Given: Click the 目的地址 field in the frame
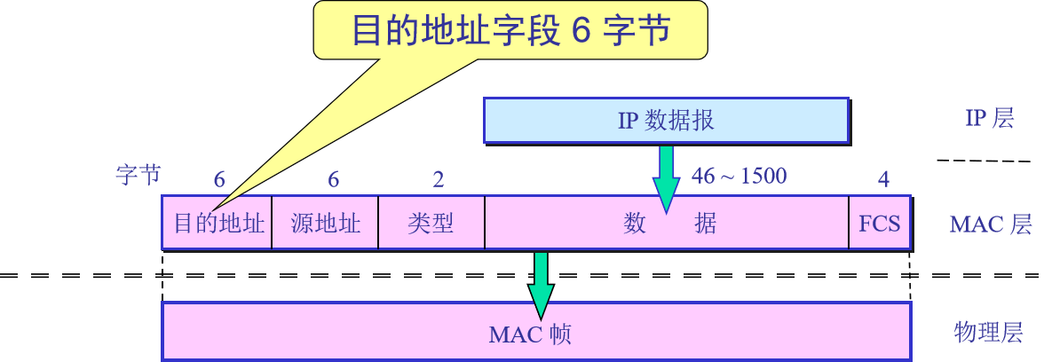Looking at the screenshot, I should pyautogui.click(x=218, y=223).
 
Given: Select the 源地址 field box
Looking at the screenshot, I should pyautogui.click(x=326, y=223).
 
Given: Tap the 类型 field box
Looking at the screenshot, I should pyautogui.click(x=431, y=223).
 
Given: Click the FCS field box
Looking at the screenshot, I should pyautogui.click(x=880, y=223).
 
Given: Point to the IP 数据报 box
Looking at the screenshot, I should pyautogui.click(x=666, y=120).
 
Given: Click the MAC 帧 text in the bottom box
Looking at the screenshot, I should pyautogui.click(x=530, y=334).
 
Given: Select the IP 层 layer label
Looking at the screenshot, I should pyautogui.click(x=989, y=119).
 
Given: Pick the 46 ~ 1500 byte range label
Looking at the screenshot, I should pyautogui.click(x=739, y=176).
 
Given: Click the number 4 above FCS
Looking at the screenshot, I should pyautogui.click(x=883, y=180).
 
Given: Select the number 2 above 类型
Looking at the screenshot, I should pyautogui.click(x=438, y=180).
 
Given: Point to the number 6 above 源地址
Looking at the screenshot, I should pyautogui.click(x=333, y=180).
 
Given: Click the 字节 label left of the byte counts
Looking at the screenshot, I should pyautogui.click(x=138, y=175).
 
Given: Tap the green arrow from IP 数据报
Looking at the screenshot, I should pyautogui.click(x=666, y=177).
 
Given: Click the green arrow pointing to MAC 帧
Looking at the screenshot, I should pyautogui.click(x=541, y=284).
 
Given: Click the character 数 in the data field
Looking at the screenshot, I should pyautogui.click(x=634, y=224).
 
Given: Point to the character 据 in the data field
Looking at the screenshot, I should pyautogui.click(x=705, y=224).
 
